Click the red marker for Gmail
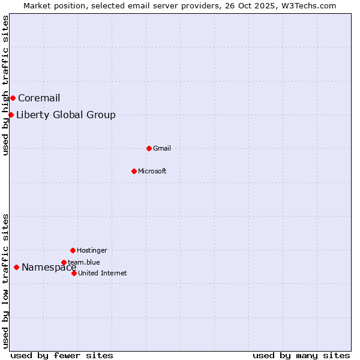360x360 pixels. (149, 148)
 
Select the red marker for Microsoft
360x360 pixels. (134, 171)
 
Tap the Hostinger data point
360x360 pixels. (73, 250)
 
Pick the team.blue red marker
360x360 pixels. (64, 262)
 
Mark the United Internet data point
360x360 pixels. (74, 273)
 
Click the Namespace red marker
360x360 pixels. (16, 267)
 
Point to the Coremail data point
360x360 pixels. (13, 98)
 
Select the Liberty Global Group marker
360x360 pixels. (11, 115)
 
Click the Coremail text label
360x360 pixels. (39, 98)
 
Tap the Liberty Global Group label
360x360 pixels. (66, 115)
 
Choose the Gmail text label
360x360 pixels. (162, 149)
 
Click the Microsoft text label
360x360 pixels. (152, 172)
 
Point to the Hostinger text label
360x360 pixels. (92, 251)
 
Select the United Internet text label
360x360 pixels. (103, 274)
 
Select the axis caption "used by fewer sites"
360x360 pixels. (62, 355)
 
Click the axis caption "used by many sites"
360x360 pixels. (301, 355)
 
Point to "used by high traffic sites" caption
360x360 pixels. (6, 85)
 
